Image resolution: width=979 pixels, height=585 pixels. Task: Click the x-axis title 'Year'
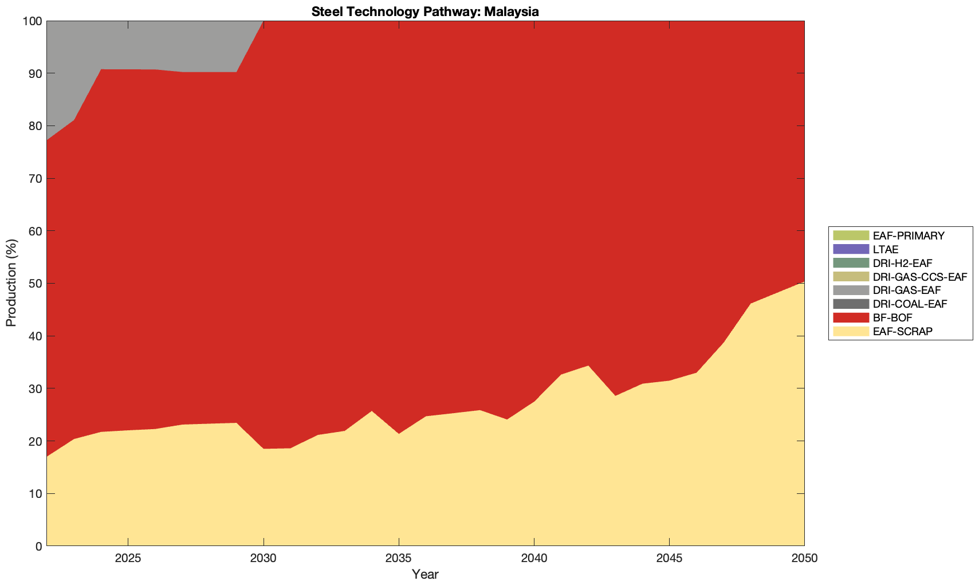[425, 574]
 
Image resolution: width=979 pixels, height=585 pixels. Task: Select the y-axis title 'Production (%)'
[11, 283]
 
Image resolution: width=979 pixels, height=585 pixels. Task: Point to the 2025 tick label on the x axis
[128, 559]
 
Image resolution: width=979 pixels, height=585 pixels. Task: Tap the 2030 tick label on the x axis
[263, 559]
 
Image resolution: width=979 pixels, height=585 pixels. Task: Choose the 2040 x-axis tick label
[534, 559]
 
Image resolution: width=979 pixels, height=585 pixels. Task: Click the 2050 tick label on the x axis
[804, 559]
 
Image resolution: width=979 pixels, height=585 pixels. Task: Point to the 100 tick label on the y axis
[32, 21]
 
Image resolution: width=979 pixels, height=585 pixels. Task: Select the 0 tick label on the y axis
[38, 547]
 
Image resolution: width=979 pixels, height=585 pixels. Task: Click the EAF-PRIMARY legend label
[909, 235]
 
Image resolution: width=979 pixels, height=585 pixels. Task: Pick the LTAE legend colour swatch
[851, 249]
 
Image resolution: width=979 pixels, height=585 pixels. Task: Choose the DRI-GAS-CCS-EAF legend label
[919, 277]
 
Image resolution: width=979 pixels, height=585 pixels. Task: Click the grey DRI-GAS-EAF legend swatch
[851, 290]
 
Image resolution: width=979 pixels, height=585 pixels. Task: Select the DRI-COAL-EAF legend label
[910, 304]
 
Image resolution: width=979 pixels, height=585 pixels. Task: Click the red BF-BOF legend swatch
[851, 317]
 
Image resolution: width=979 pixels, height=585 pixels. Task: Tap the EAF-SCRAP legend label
[902, 331]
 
